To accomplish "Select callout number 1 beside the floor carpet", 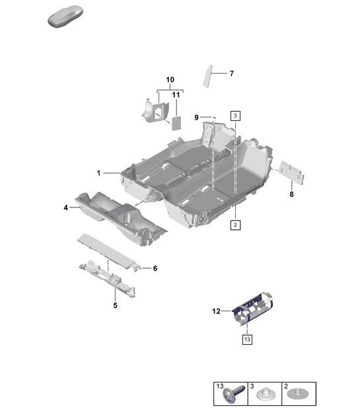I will pyautogui.click(x=98, y=173).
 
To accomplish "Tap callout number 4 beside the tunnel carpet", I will pyautogui.click(x=65, y=208).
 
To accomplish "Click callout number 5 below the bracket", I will pyautogui.click(x=114, y=305).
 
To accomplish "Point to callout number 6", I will pyautogui.click(x=155, y=268).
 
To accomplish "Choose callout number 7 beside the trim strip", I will pyautogui.click(x=231, y=73).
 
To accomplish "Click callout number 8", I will pyautogui.click(x=291, y=195).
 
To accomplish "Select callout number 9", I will pyautogui.click(x=196, y=117).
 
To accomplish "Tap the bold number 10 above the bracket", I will pyautogui.click(x=170, y=80).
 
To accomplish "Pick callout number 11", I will pyautogui.click(x=176, y=95).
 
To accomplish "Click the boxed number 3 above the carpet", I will pyautogui.click(x=235, y=115).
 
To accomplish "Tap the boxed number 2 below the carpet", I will pyautogui.click(x=235, y=225).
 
